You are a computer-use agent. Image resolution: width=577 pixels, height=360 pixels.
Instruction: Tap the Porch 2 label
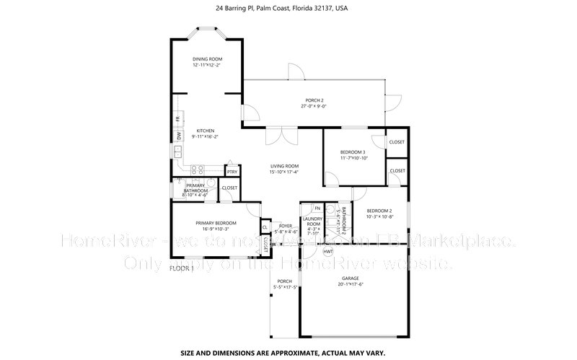coord(313,100)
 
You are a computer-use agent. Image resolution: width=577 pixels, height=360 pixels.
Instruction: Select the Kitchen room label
coord(206,131)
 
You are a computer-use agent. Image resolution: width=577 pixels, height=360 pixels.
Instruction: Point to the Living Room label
coord(283,166)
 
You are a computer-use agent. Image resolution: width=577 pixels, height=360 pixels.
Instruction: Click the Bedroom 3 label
coord(353,152)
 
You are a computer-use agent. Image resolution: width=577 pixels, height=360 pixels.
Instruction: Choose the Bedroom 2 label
coord(379,210)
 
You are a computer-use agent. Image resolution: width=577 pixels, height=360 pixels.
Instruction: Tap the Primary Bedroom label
coord(216,223)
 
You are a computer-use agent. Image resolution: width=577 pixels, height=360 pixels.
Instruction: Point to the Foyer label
coord(286,225)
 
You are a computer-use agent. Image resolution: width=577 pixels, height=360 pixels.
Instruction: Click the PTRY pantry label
coord(232,172)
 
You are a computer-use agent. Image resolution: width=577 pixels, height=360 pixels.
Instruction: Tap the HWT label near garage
coord(327,252)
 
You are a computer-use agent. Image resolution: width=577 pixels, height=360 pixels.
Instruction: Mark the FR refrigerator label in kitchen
coord(177,118)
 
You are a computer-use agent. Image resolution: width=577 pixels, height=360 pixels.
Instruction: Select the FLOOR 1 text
coord(182,268)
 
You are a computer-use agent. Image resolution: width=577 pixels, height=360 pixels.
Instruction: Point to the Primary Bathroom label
coord(195,187)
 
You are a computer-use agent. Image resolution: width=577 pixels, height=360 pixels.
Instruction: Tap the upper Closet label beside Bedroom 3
coord(397,142)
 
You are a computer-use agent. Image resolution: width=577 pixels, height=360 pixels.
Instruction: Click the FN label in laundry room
coord(317,208)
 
